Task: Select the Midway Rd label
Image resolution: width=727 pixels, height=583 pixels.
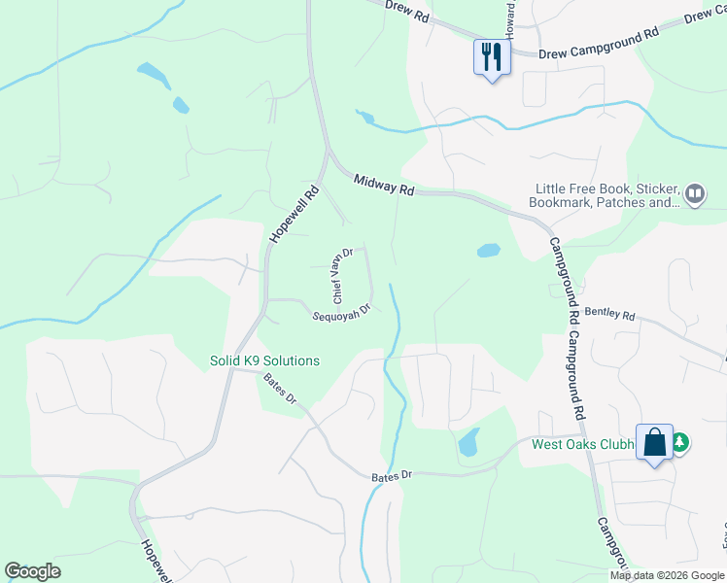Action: click(384, 185)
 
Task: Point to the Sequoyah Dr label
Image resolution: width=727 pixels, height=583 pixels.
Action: click(342, 313)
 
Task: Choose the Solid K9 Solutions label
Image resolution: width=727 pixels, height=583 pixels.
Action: click(264, 360)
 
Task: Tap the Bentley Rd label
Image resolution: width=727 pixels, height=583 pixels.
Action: click(609, 315)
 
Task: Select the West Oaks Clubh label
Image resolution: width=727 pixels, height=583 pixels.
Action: click(582, 445)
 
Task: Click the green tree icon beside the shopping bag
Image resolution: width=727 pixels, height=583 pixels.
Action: click(680, 443)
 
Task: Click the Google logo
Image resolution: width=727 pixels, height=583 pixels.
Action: click(32, 571)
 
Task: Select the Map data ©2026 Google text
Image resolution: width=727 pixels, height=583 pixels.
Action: click(667, 575)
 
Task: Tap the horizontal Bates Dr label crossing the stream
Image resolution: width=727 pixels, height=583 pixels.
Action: click(392, 475)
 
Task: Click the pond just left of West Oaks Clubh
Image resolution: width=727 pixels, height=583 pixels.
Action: click(467, 442)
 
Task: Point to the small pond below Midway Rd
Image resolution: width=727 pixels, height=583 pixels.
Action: click(489, 250)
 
